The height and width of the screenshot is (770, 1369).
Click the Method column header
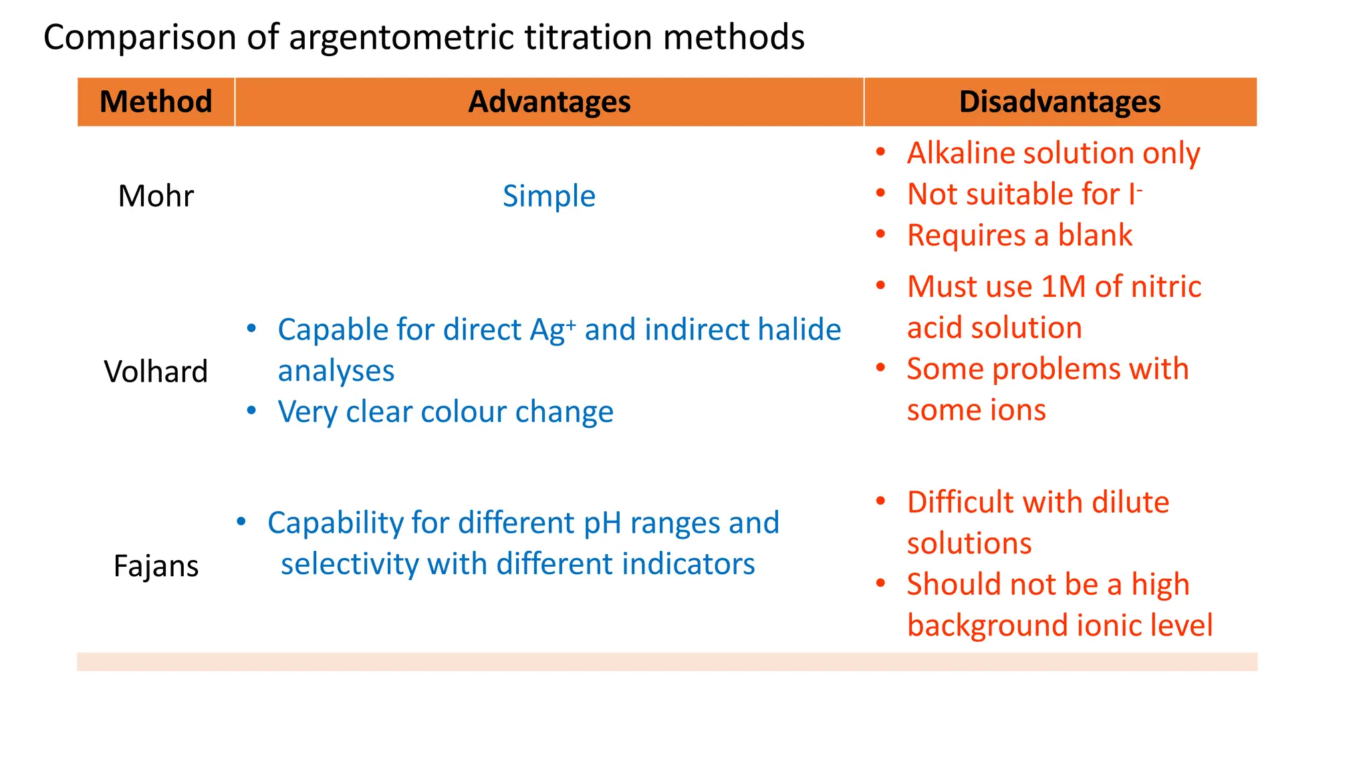(x=156, y=102)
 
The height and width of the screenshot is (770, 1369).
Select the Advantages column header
(x=549, y=102)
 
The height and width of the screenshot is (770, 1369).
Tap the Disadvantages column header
(x=1060, y=102)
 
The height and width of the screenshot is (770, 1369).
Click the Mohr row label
(x=156, y=196)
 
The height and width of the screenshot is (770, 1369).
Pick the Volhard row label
(x=156, y=372)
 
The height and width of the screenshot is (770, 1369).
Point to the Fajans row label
(x=156, y=566)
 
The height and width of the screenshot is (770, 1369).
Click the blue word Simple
(x=549, y=196)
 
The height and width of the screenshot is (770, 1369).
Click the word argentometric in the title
(x=402, y=37)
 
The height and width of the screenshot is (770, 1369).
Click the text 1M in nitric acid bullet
(x=1064, y=287)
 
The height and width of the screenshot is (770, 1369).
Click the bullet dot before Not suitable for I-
(x=881, y=194)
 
